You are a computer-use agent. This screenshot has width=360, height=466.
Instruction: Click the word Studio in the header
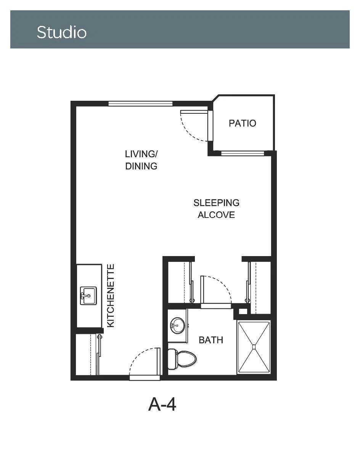pyautogui.click(x=62, y=32)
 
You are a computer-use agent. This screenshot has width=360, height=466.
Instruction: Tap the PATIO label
pyautogui.click(x=243, y=123)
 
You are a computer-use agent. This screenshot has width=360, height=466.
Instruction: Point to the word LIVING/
pyautogui.click(x=141, y=154)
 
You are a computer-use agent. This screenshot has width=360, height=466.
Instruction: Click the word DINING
pyautogui.click(x=141, y=166)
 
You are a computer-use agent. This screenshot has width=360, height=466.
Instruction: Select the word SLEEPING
pyautogui.click(x=217, y=203)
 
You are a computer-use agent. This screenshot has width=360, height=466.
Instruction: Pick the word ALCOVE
pyautogui.click(x=216, y=215)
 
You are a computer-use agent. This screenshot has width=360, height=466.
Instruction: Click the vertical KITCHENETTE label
pyautogui.click(x=111, y=296)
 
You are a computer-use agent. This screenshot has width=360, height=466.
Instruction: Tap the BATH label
pyautogui.click(x=211, y=340)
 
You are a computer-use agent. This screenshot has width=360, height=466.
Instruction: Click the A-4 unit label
pyautogui.click(x=162, y=404)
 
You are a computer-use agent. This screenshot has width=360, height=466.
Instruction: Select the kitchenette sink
pyautogui.click(x=88, y=296)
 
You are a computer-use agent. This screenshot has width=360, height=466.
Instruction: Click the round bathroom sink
pyautogui.click(x=177, y=326)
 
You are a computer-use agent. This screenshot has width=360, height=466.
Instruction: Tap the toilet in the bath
pyautogui.click(x=182, y=359)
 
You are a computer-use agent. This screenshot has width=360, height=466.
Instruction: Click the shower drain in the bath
pyautogui.click(x=254, y=347)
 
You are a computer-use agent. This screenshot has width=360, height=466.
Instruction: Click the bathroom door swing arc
pyautogui.click(x=223, y=284)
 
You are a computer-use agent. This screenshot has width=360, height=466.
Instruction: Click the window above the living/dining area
pyautogui.click(x=140, y=104)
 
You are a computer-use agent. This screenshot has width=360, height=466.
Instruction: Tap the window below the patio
pyautogui.click(x=243, y=153)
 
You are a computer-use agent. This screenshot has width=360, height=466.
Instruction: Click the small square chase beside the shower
pyautogui.click(x=243, y=311)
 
